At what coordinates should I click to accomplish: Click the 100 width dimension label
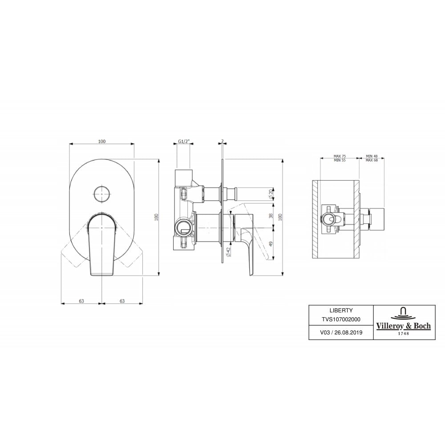pos(101,142)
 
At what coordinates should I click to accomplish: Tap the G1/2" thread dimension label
pos(184,142)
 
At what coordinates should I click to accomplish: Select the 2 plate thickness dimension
pos(222,141)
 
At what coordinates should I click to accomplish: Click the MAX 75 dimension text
pos(340,156)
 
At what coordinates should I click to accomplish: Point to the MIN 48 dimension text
pos(372,156)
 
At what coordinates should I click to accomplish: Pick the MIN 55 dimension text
pos(340,160)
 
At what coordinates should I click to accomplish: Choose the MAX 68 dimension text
pos(372,160)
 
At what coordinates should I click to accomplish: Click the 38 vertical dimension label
pos(271,216)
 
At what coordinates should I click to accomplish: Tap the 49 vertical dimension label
pos(271,244)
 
